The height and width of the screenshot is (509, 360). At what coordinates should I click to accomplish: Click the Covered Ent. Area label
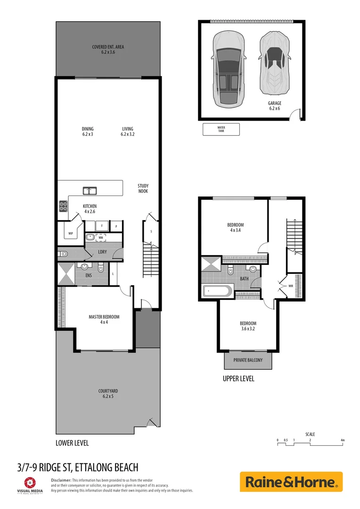(108, 49)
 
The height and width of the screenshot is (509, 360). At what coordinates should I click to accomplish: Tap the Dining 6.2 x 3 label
(88, 131)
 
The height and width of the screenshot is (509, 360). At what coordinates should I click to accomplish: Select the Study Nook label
(143, 189)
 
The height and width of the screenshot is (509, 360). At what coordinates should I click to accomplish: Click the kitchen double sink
(90, 191)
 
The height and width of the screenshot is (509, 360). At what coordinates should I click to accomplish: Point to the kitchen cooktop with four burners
(63, 205)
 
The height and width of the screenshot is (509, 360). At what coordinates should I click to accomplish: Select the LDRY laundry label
(102, 252)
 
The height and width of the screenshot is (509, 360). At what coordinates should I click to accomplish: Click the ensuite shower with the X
(66, 274)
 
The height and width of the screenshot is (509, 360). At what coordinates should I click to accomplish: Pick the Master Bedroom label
(104, 320)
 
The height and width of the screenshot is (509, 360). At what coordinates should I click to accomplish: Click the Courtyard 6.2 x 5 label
(108, 394)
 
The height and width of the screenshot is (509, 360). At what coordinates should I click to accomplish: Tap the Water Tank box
(221, 129)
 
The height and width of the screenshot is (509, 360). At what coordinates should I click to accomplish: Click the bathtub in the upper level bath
(217, 291)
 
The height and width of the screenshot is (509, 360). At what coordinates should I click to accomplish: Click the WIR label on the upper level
(291, 286)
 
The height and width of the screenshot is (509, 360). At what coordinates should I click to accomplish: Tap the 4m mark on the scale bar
(343, 440)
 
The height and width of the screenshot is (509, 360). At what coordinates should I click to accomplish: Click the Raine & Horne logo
(291, 482)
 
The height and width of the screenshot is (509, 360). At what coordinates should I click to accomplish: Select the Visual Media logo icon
(30, 482)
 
